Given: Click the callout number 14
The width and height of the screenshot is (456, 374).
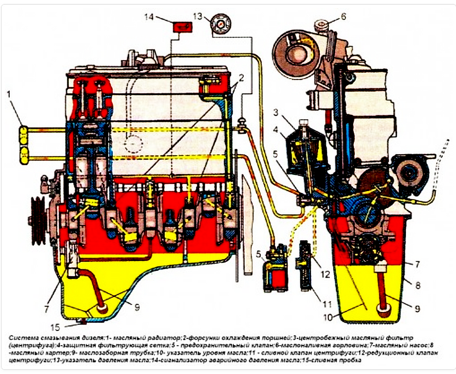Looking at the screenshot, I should (149, 17).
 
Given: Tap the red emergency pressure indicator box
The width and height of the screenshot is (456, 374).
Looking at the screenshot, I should (183, 27).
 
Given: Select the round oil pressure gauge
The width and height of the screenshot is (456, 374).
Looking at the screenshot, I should (220, 24).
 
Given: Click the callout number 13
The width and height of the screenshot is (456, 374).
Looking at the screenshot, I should (198, 16).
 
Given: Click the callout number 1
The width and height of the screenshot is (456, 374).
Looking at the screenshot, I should (9, 94).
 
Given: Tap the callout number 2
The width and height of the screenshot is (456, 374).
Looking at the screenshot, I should (241, 78).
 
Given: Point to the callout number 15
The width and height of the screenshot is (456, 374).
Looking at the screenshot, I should (55, 327).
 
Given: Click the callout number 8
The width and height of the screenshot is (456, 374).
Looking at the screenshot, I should (418, 285).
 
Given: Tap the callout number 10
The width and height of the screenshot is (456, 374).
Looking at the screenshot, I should (328, 317).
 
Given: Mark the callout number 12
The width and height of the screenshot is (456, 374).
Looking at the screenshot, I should (325, 274).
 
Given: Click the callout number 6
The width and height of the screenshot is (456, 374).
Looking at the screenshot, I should (343, 17).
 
